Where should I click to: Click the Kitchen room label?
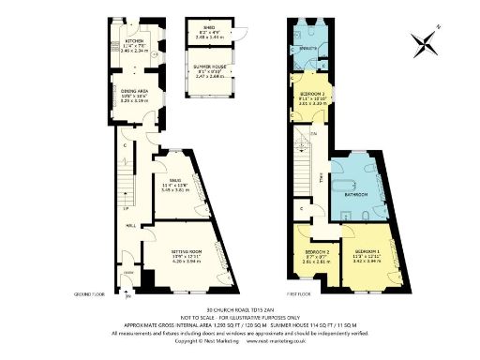[134, 42]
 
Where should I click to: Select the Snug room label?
[175, 179]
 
